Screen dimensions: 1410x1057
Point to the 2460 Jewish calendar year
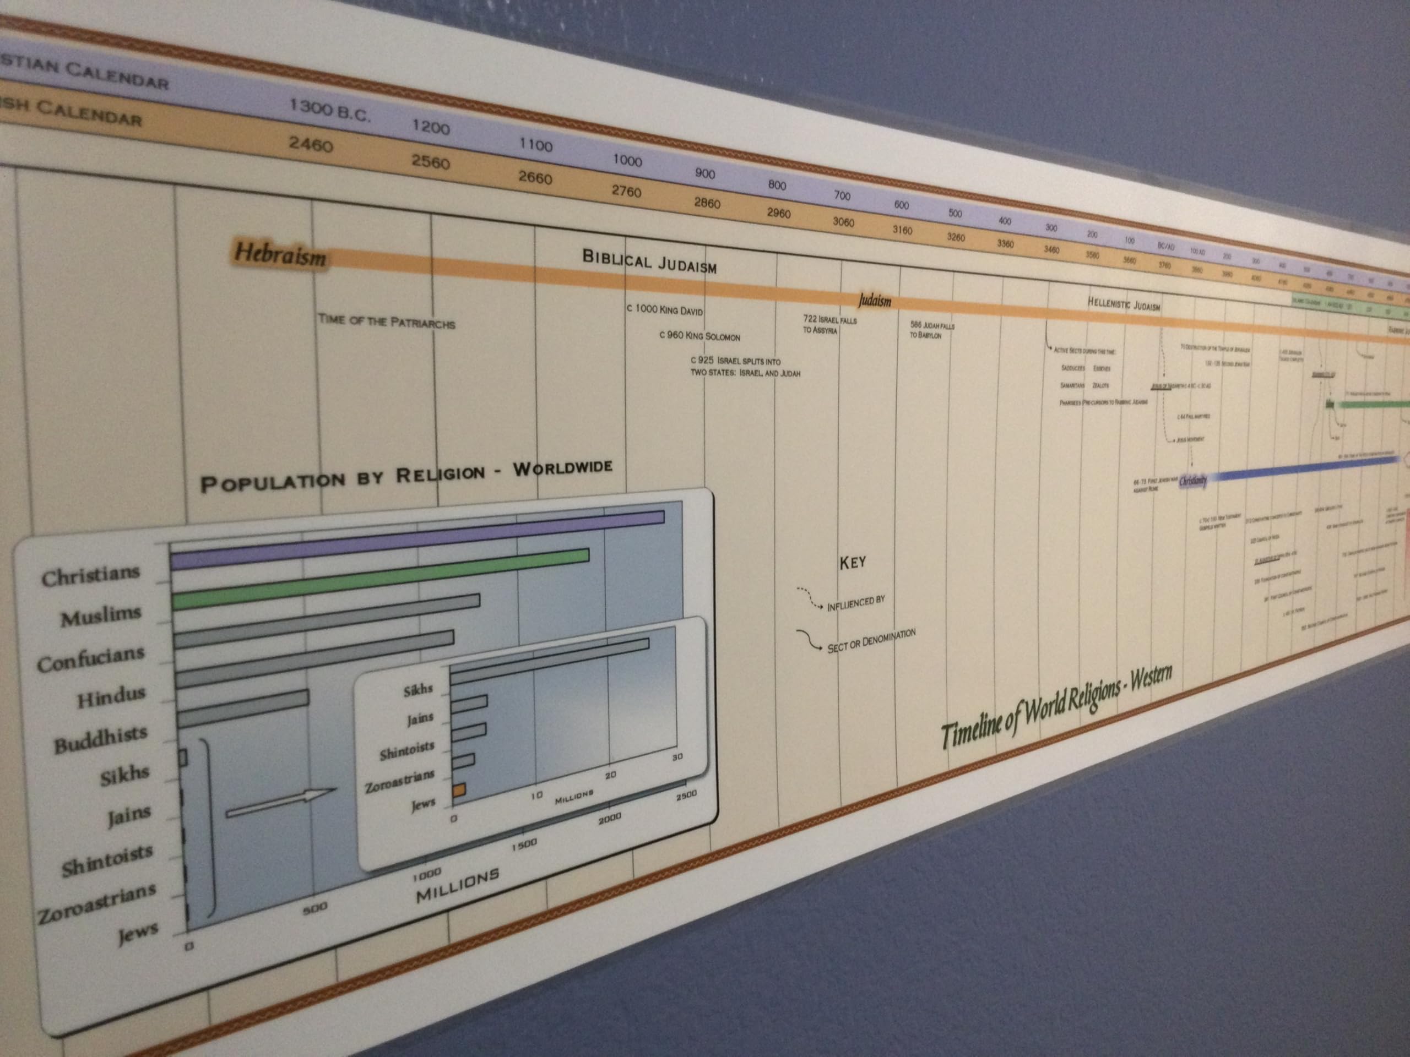click(x=311, y=145)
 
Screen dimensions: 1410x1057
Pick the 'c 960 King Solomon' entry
click(x=699, y=335)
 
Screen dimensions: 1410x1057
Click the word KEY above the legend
click(x=852, y=563)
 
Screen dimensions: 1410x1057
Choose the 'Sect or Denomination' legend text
click(x=871, y=640)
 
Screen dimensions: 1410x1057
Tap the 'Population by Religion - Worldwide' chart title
click(x=405, y=475)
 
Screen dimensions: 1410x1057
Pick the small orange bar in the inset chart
click(x=459, y=791)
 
